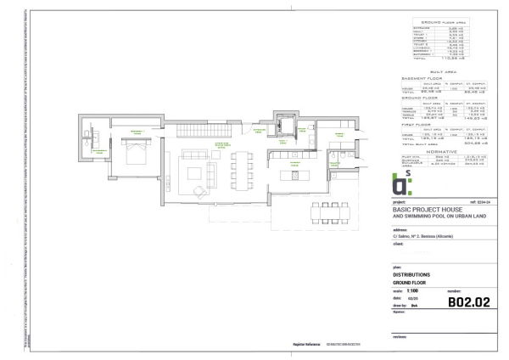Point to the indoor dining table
click(245, 167)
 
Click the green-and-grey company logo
click(408, 183)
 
